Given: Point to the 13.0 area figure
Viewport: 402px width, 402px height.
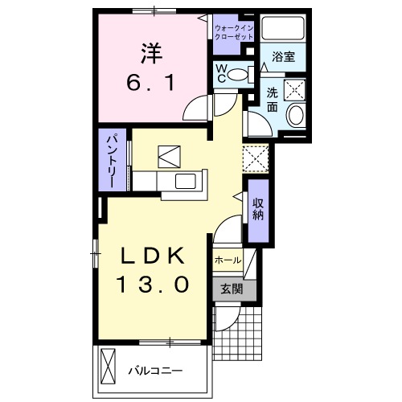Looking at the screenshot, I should click(x=154, y=284).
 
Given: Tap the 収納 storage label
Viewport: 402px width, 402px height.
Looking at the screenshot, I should click(x=259, y=209).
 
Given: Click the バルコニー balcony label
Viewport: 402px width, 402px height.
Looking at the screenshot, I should click(x=157, y=371).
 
